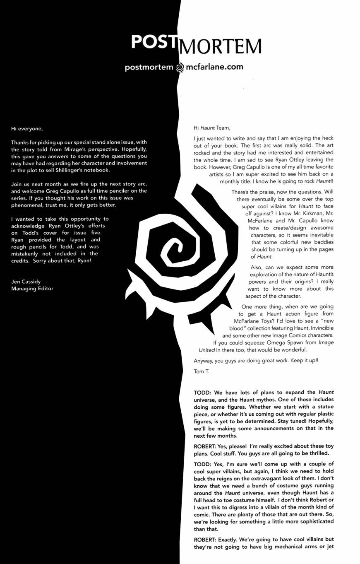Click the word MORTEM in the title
[x=219, y=46]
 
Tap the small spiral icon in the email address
[x=180, y=67]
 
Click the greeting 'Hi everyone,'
[x=27, y=128]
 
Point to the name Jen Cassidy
[x=26, y=282]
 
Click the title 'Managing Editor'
[x=32, y=289]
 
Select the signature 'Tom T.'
[x=202, y=371]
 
